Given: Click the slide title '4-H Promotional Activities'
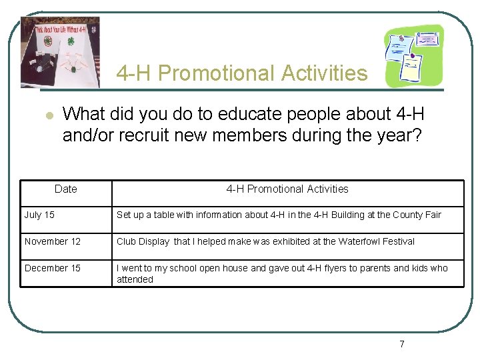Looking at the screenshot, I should [x=241, y=73].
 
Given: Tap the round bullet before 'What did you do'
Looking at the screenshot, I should [x=49, y=115].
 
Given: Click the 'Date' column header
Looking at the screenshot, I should [x=65, y=189].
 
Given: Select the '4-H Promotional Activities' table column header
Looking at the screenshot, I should [x=287, y=189].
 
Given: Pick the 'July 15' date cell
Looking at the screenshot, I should [x=39, y=215].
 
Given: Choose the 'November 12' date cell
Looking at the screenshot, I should [x=52, y=241].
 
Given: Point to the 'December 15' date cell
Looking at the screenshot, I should [x=52, y=268].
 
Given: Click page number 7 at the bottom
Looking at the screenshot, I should [x=401, y=344].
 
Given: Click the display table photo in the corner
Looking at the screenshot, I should [x=61, y=52].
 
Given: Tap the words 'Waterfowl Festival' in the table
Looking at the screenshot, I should [x=376, y=241].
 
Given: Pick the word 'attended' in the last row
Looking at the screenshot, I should [x=135, y=279].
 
